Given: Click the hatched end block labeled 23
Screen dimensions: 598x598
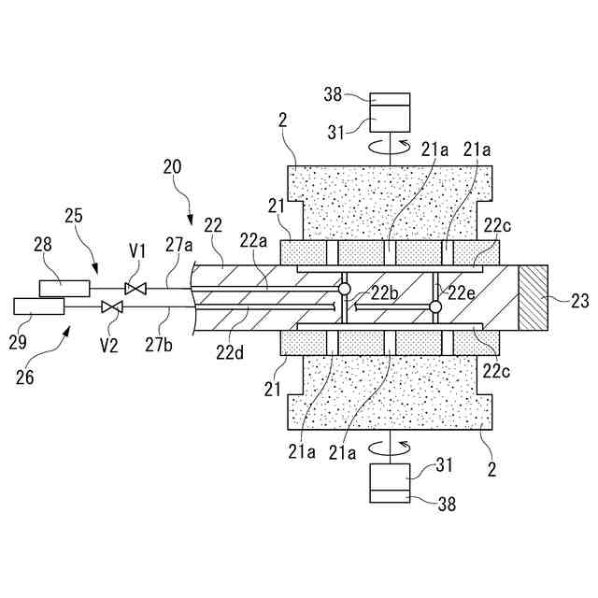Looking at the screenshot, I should pos(534,298).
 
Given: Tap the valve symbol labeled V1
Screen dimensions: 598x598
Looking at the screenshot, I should pos(135,288).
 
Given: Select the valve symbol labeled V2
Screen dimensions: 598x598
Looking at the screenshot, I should pos(112,306).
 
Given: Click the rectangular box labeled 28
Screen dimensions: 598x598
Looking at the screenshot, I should pos(64,288).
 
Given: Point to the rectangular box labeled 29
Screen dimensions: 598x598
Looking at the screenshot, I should pos(39,306).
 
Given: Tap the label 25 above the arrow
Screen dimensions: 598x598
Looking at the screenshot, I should pos(74,216).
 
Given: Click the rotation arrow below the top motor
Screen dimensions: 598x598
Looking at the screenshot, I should pos(390,147).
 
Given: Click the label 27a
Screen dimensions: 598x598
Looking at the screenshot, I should pos(179,246).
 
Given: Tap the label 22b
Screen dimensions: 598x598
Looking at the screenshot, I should pos(384,292).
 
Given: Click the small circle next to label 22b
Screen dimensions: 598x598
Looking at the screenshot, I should pos(345,291).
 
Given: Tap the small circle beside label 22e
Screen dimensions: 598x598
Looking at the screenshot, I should pos(434,306).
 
